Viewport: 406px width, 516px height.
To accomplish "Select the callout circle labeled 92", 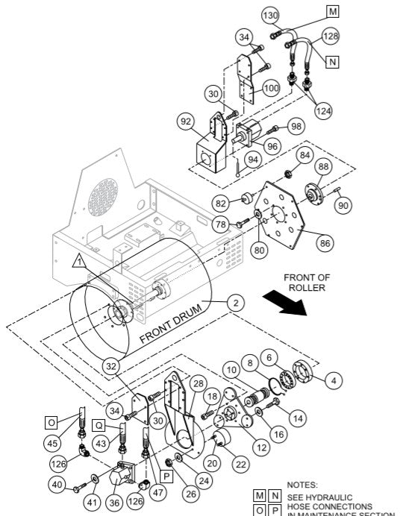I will point(187,120).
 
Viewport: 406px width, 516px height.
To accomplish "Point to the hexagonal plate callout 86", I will point(325,242).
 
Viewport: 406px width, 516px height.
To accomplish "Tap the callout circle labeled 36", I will point(113,503).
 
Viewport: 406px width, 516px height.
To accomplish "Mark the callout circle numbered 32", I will point(110,365).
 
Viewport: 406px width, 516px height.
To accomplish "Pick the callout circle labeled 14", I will point(298,418).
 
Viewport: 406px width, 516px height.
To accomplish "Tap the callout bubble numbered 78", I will point(220,224).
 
